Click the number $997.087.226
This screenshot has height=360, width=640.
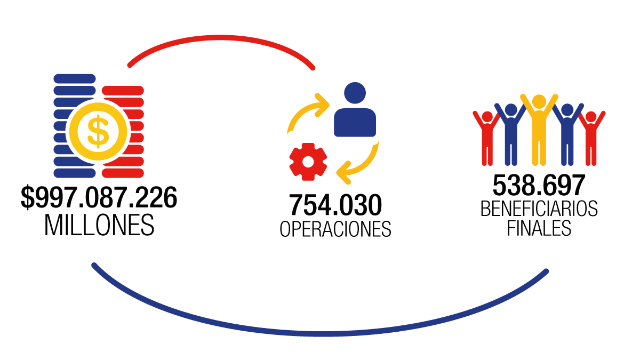pos(99,198)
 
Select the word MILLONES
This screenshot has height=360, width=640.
pos(99,225)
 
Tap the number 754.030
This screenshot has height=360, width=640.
pos(335,205)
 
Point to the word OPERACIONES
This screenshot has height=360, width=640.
pos(335,229)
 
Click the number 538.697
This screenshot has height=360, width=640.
pos(539,185)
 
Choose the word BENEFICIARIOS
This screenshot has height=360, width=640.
pos(539,209)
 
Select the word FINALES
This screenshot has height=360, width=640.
pos(539,228)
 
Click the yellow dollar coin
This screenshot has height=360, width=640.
pos(98,131)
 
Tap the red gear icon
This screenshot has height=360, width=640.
pos(308,162)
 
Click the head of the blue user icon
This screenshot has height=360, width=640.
pos(355,93)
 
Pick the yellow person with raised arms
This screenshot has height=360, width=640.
pos(539,130)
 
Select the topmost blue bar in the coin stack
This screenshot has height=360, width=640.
pos(75,78)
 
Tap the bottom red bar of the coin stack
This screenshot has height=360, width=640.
pos(123,173)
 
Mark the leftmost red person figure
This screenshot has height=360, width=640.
pos(487,138)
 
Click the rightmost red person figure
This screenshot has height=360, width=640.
pos(590,138)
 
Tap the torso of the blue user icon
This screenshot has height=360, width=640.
pos(355,122)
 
